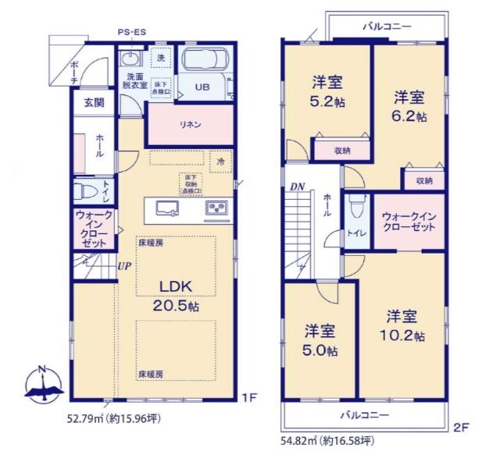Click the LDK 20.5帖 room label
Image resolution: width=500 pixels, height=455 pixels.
177,294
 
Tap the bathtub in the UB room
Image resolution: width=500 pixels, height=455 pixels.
204,59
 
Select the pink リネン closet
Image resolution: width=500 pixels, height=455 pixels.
191,124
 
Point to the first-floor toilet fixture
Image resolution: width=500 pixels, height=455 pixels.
84,190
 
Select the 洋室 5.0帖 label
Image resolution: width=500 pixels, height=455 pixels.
320,339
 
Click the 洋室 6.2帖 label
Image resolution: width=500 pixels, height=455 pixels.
409,106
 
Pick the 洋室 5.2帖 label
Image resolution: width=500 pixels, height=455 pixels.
328,91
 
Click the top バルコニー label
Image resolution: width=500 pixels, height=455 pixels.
386,27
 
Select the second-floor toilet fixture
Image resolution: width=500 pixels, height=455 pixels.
355,208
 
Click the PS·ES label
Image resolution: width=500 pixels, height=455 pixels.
131,33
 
